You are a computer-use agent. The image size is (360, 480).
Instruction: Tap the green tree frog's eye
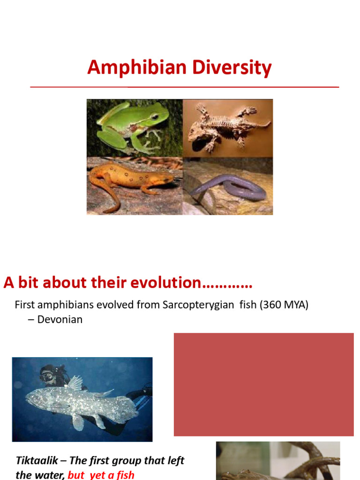[154, 116]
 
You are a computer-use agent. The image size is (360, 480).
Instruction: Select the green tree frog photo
[134, 127]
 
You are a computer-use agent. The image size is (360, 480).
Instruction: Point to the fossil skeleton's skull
[197, 136]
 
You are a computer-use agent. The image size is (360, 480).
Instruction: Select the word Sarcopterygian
[198, 305]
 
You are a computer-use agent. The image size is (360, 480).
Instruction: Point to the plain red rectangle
[263, 384]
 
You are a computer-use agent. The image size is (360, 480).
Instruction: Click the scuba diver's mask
[47, 376]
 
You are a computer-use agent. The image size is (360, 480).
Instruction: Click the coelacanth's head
[35, 398]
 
